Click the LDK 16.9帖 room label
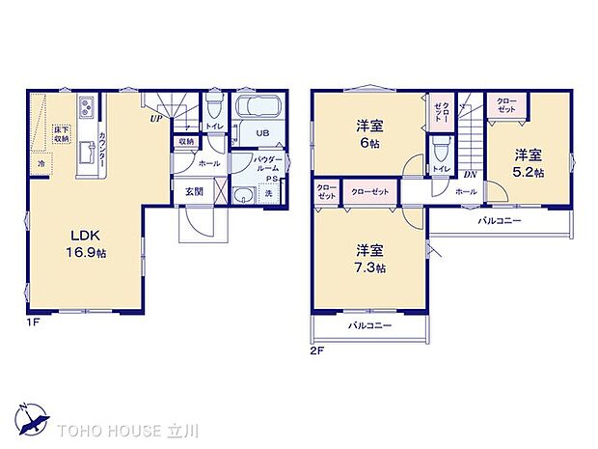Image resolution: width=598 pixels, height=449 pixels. (x=83, y=242)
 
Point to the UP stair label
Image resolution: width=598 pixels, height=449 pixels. (x=154, y=120)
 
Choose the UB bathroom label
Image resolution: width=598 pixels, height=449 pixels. (x=261, y=135)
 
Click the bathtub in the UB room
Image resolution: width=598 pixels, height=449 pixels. (x=257, y=107)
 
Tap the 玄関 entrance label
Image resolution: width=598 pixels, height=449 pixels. (x=194, y=191)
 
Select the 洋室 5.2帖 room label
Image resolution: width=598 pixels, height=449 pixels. (x=528, y=161)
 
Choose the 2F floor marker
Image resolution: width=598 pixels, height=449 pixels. (x=317, y=351)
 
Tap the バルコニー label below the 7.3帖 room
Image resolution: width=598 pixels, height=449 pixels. (x=370, y=327)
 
